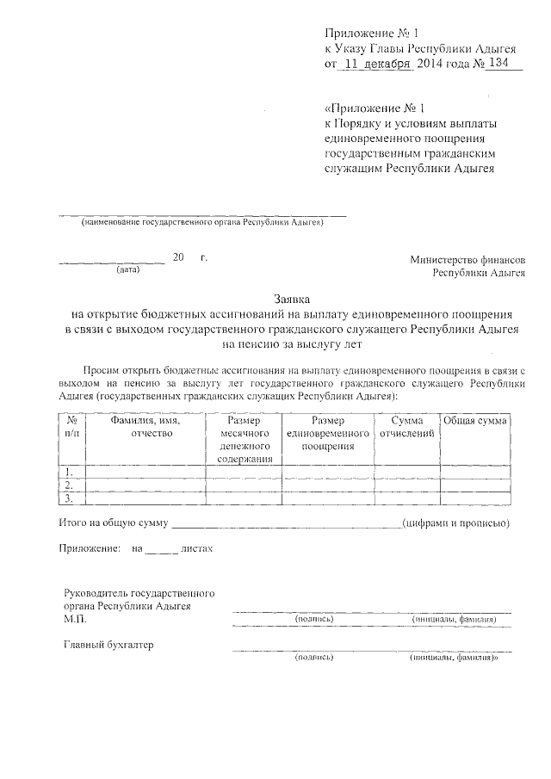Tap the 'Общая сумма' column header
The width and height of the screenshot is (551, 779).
[475, 420]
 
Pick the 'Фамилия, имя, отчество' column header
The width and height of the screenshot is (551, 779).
[145, 426]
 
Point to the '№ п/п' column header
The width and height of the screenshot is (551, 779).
[71, 426]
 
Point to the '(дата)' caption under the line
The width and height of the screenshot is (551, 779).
[127, 270]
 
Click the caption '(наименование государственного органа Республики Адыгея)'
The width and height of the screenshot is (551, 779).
[202, 223]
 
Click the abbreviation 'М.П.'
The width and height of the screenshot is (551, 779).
[76, 618]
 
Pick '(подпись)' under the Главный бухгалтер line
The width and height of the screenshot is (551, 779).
[313, 658]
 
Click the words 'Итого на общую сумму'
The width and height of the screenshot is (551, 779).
[114, 522]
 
